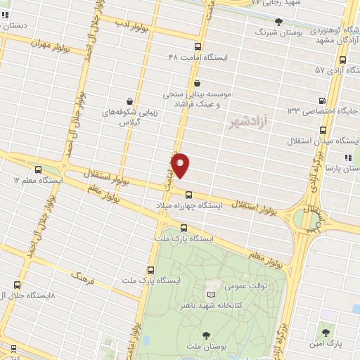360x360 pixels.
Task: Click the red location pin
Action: pos(181,165)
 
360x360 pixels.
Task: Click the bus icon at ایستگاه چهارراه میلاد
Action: pos(188,195)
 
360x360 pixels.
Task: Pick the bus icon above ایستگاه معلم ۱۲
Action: pos(37,169)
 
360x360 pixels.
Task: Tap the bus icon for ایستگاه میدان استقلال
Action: pos(323,130)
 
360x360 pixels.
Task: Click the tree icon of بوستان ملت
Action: pos(207,335)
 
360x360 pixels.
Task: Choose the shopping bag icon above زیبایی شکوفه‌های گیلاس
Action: pos(129,101)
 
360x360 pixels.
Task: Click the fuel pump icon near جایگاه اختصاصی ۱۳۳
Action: pos(322,100)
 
